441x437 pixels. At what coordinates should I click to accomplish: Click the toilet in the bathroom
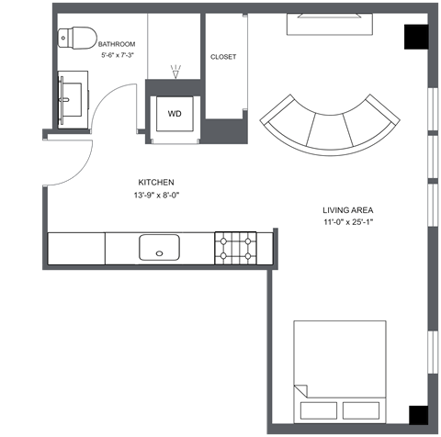[78, 37]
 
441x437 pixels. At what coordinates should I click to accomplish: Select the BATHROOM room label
[117, 44]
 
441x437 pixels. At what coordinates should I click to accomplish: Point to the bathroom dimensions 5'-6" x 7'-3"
[118, 56]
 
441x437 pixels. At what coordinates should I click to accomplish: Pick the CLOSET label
[223, 57]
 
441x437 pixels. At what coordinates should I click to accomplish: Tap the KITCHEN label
[156, 182]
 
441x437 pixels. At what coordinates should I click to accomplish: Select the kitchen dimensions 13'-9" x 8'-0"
[156, 196]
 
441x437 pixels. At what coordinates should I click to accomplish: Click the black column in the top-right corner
[416, 37]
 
